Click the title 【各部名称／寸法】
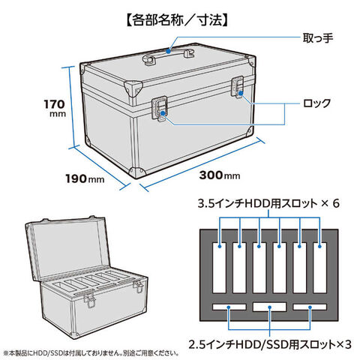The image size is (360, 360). [178, 20]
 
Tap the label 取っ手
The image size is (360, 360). [318, 38]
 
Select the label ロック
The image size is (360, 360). [316, 103]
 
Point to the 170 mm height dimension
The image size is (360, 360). [55, 108]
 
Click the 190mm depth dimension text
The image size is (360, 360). [85, 178]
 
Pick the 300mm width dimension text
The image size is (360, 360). [220, 175]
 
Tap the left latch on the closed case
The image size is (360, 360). [159, 109]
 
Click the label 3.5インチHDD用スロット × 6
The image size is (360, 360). [268, 203]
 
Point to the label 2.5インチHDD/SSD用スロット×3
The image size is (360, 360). [270, 344]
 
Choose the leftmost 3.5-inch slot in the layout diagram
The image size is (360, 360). [220, 268]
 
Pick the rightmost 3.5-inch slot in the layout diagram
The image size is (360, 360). [319, 268]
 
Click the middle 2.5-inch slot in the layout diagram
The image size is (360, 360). [269, 307]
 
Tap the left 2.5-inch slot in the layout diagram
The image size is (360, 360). [229, 307]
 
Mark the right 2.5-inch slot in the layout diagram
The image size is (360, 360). [310, 307]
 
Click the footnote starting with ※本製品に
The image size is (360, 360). [91, 353]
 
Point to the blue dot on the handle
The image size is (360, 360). [169, 51]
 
